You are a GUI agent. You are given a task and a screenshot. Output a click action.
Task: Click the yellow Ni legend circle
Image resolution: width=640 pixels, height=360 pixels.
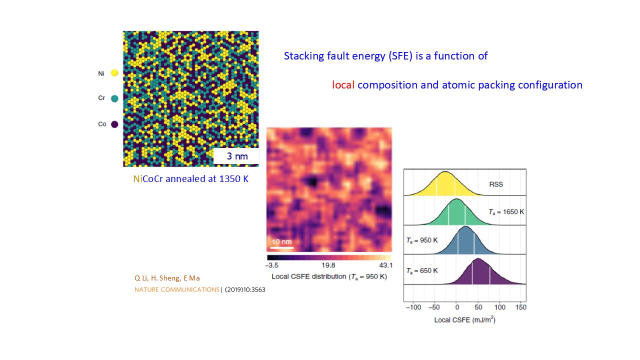click(x=114, y=73)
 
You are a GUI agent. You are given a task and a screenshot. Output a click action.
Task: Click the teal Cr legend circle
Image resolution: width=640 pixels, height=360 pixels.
click(x=114, y=98)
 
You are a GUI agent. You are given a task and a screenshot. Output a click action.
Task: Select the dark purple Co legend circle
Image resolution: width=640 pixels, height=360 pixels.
click(x=114, y=124)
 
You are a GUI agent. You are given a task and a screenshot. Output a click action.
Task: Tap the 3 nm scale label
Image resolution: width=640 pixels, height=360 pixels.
click(x=236, y=156)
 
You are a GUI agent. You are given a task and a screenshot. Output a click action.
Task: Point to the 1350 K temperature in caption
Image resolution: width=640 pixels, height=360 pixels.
click(x=233, y=178)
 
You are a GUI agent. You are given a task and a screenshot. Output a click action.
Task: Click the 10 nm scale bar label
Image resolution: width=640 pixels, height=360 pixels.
click(x=281, y=242)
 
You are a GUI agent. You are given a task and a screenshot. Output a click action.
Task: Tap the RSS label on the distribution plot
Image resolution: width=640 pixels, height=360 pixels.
click(x=496, y=184)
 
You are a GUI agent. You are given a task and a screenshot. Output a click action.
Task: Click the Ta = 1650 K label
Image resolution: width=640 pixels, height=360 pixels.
click(x=506, y=212)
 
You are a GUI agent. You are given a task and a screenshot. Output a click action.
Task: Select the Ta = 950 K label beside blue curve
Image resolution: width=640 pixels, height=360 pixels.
click(x=422, y=240)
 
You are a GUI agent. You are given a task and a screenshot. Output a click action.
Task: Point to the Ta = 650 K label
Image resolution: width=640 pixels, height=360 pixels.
click(x=422, y=270)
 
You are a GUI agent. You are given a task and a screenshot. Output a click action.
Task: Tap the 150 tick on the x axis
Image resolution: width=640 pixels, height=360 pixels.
click(x=521, y=307)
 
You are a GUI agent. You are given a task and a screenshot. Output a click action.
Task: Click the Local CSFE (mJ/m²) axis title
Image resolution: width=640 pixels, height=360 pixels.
click(x=465, y=319)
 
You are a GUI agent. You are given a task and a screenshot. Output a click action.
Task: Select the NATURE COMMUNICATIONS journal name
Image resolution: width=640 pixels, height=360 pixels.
click(x=177, y=289)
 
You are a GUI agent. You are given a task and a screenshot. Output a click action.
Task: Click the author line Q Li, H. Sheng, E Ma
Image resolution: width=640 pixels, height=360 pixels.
click(x=167, y=278)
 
